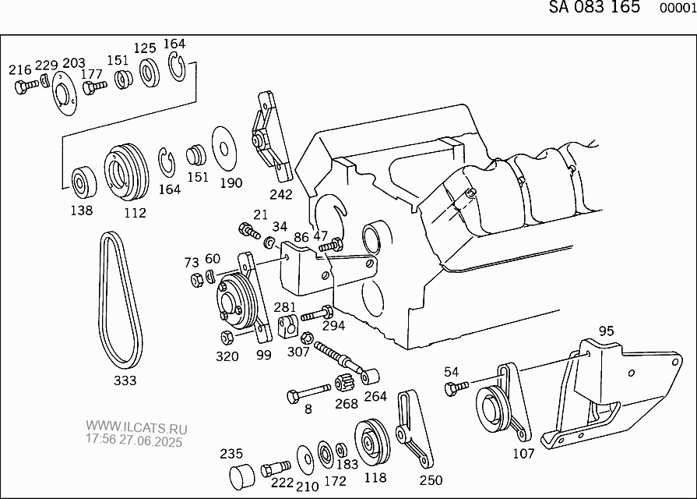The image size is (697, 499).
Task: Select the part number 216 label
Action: click(x=20, y=70)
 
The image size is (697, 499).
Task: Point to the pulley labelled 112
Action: click(x=126, y=173)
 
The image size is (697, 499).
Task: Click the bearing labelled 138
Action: click(x=84, y=182)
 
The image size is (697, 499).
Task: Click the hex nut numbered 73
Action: click(x=197, y=280)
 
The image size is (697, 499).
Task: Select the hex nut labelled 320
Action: click(x=227, y=338)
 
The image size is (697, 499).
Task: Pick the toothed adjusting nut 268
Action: click(x=344, y=382)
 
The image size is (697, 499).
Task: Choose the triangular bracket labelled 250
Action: click(x=414, y=429)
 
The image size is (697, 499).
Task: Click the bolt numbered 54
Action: click(x=456, y=388)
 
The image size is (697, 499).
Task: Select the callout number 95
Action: click(x=606, y=331)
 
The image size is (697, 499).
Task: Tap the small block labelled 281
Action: click(x=287, y=326)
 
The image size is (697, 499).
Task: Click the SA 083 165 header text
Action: click(x=594, y=7)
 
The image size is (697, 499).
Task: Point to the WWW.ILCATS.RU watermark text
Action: click(x=136, y=428)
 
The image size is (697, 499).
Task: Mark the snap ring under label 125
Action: click(x=150, y=72)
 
